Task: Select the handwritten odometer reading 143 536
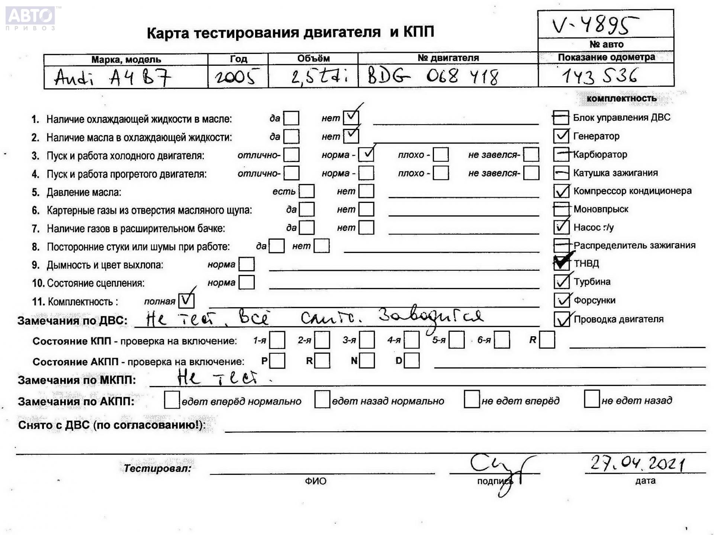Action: point(599,76)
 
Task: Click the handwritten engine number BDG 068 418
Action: point(433,77)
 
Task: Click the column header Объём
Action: point(313,58)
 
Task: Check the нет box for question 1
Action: point(351,118)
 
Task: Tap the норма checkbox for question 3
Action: point(366,154)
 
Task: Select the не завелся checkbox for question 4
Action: point(531,173)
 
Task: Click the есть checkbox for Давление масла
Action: point(307,191)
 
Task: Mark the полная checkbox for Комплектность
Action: point(186,301)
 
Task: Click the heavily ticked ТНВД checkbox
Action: point(561,263)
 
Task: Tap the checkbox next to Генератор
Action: point(561,136)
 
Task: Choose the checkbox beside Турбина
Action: point(561,281)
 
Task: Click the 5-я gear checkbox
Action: point(457,340)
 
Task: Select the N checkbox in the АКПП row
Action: point(367,361)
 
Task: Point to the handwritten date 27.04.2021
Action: point(637,463)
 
